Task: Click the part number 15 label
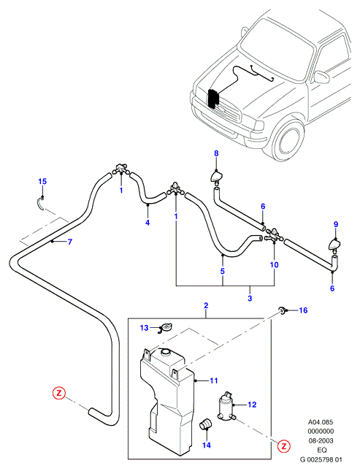42,181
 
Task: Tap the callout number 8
216,153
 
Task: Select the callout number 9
336,224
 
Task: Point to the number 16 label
304,310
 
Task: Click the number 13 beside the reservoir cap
145,328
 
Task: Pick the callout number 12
252,405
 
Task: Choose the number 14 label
207,445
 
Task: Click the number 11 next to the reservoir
214,381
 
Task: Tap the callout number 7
70,242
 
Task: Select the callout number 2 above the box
206,306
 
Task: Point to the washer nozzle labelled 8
217,177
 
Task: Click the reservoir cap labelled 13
166,327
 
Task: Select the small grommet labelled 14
205,424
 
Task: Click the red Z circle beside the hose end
59,393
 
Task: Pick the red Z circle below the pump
283,446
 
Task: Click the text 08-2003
321,440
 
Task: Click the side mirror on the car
321,77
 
